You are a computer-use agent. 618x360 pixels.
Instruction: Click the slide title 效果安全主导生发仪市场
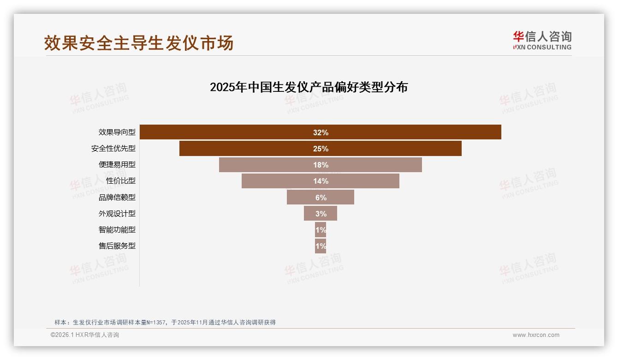click(x=139, y=43)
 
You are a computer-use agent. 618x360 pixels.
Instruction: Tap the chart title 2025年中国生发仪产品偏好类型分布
click(x=309, y=87)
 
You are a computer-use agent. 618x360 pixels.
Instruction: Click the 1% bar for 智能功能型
click(x=321, y=230)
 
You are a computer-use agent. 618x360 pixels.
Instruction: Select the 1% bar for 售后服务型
click(x=321, y=246)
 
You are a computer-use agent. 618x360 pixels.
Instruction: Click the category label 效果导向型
click(x=117, y=132)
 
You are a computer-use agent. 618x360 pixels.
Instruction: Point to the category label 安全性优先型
click(x=113, y=149)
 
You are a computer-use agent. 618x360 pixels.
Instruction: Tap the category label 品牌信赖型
click(x=117, y=198)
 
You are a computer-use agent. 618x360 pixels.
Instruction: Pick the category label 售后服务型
click(x=117, y=246)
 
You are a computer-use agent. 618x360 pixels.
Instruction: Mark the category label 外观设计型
click(x=117, y=214)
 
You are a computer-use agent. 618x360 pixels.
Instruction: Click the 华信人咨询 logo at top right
click(x=542, y=40)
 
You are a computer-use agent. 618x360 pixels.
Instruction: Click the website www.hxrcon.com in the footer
click(x=536, y=335)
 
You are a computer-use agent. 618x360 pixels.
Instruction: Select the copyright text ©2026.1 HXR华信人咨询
click(x=85, y=335)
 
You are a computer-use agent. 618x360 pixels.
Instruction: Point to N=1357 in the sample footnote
click(x=156, y=323)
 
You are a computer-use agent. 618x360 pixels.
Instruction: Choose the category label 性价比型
click(x=121, y=181)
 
